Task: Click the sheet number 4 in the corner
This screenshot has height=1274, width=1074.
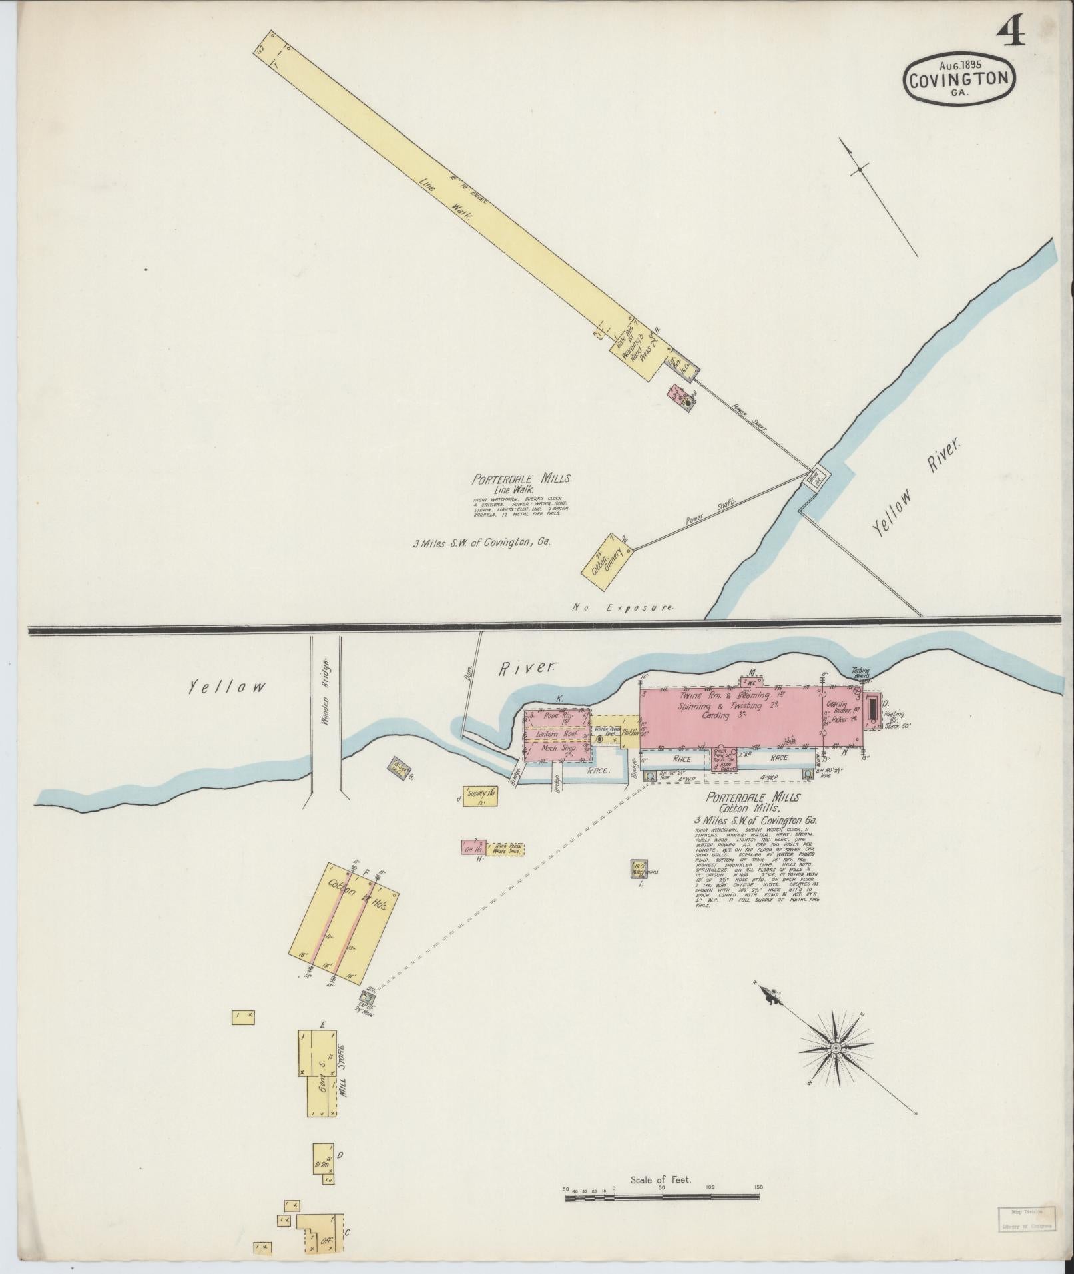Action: pos(1010,31)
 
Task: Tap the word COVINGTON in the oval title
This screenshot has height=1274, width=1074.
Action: pos(959,80)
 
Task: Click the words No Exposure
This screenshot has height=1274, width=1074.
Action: pos(623,607)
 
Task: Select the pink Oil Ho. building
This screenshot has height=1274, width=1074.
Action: pos(474,848)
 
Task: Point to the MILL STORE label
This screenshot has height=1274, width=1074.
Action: pos(344,1084)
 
